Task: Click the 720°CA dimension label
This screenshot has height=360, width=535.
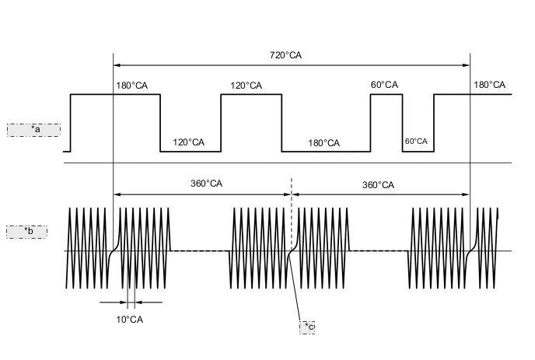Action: (285, 55)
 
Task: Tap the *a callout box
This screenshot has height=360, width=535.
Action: (33, 129)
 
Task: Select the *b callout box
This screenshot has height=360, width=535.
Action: (27, 232)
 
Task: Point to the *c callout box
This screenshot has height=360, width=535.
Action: (307, 327)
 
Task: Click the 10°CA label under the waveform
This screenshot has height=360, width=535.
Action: (129, 320)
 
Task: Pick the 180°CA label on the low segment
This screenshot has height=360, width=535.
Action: (323, 143)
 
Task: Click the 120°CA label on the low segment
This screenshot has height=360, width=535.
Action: (188, 142)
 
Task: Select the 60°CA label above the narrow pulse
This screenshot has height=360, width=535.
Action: (384, 85)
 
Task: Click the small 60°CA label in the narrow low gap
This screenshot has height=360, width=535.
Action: (416, 142)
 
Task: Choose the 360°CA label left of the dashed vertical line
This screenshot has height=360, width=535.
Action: (206, 184)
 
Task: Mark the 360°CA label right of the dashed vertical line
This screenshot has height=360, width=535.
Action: (378, 185)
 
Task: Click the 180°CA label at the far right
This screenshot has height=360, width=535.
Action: (489, 85)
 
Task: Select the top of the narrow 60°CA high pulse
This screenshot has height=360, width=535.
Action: (386, 95)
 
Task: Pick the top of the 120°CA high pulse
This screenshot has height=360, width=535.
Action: (251, 95)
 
